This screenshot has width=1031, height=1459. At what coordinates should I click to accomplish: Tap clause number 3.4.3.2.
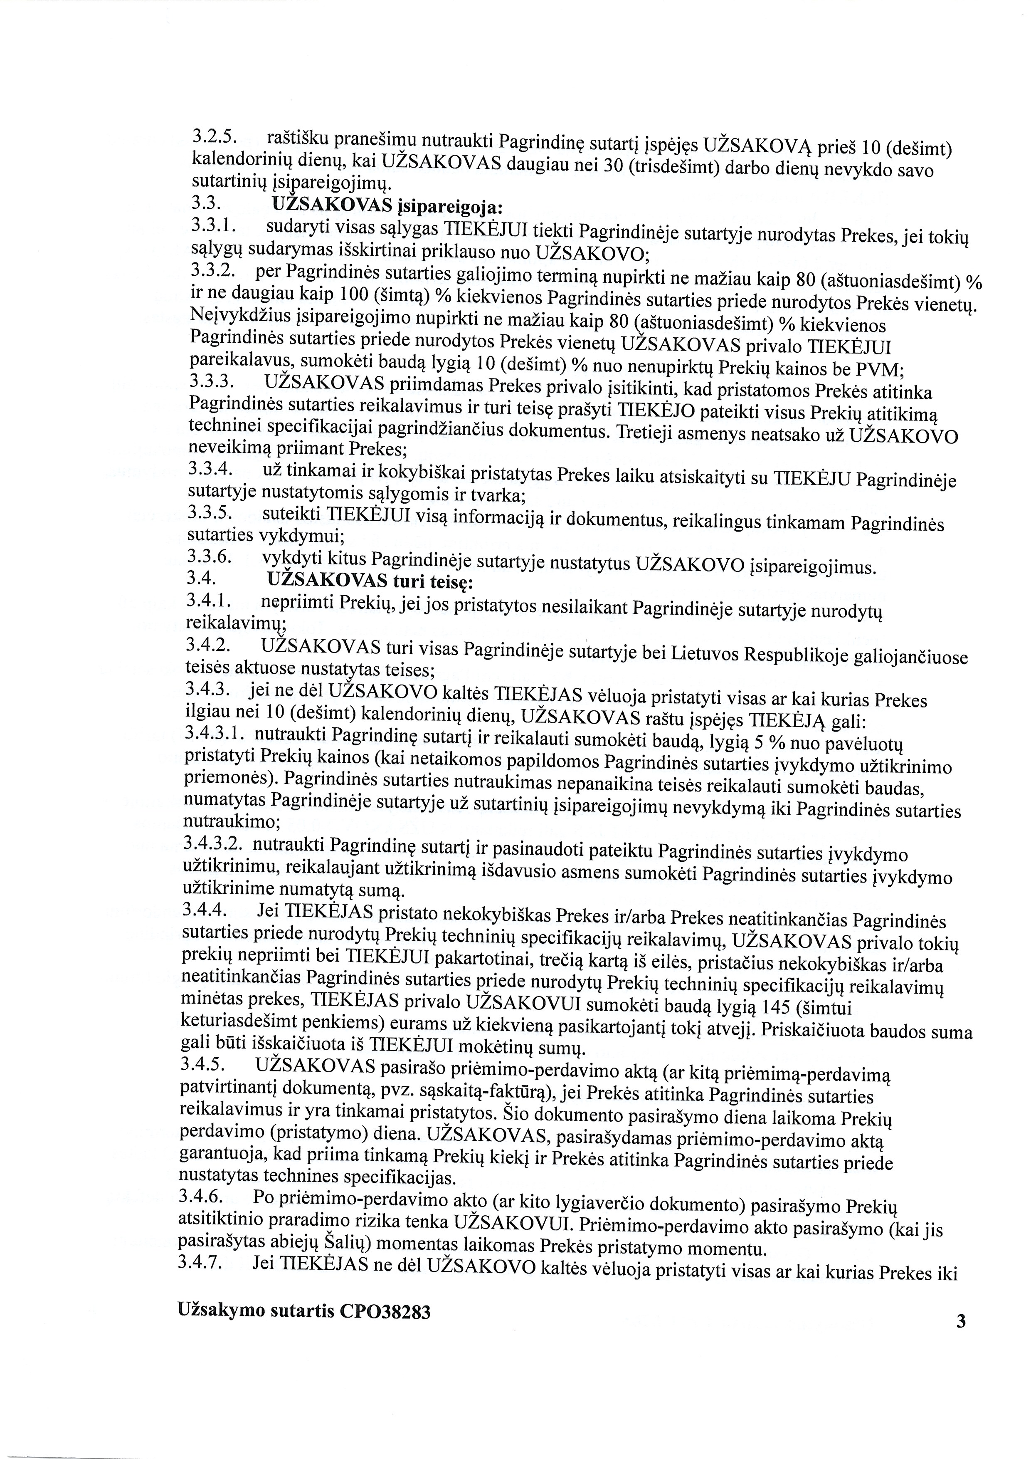(213, 843)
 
